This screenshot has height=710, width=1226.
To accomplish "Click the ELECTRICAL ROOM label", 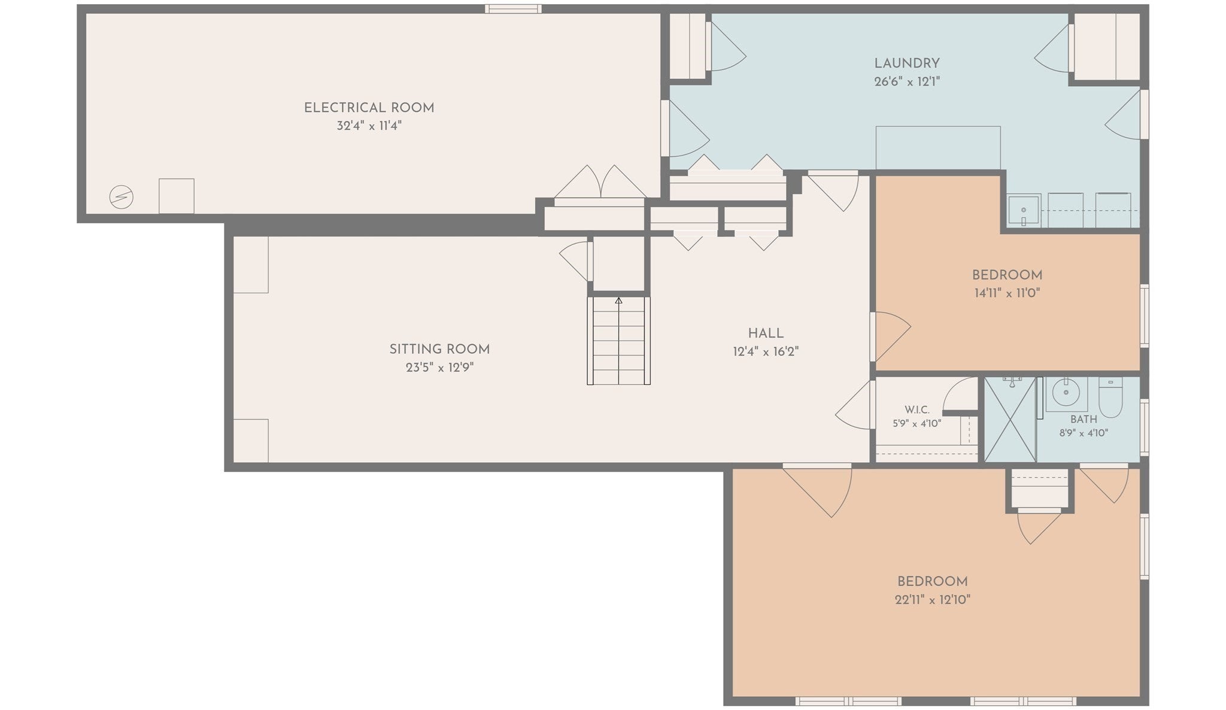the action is point(369,108).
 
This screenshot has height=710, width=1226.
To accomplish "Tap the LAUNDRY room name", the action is point(907,63).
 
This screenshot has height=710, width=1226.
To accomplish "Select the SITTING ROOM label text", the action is point(439,349).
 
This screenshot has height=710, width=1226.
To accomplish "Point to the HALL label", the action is point(766,333).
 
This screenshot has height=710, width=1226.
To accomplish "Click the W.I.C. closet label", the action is point(917,410).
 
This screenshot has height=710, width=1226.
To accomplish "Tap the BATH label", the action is point(1084,420).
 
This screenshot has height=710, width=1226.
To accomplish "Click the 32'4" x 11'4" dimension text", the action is point(369,126).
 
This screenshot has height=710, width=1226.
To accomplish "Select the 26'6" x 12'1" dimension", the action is point(907,81).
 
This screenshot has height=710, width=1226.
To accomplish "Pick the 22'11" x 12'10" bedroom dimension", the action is point(932,599).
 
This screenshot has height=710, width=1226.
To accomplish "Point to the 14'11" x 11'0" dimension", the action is point(1007,293).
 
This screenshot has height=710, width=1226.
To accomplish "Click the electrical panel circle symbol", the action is point(121,197).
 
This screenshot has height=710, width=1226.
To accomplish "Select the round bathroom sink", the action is point(1066,393).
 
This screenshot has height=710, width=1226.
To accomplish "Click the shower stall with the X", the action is point(1010,419).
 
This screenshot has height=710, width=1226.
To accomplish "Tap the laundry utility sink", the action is point(1024,211).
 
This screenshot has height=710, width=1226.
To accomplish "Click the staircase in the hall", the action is point(618,340).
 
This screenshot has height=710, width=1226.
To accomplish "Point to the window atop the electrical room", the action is point(513,9).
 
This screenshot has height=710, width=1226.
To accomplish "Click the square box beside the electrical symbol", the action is point(176,196).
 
